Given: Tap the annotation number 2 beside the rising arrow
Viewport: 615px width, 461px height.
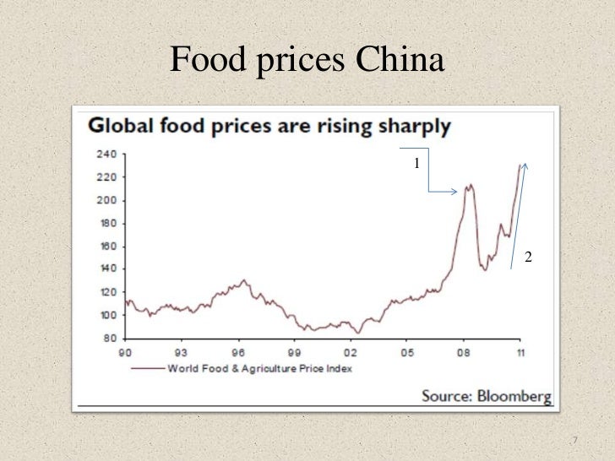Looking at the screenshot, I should (528, 256).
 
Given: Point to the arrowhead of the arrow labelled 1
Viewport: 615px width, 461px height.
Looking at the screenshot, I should (454, 192).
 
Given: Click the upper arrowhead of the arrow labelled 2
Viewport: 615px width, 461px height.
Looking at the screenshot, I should (525, 165).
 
